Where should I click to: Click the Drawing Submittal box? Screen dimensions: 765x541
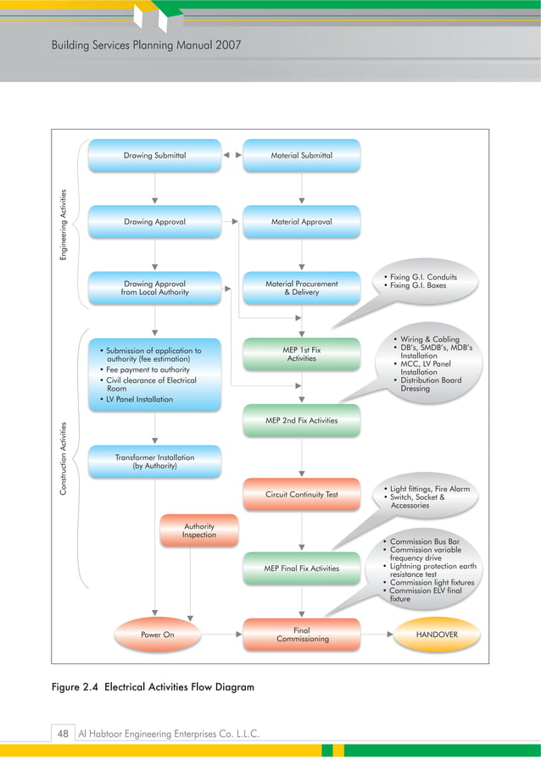(154, 156)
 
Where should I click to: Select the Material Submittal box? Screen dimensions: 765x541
(301, 156)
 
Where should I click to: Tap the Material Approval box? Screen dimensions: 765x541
(301, 222)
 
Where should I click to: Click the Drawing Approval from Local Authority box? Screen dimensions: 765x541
(154, 288)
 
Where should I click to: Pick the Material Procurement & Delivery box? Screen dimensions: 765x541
(301, 288)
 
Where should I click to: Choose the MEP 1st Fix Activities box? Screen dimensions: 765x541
(301, 354)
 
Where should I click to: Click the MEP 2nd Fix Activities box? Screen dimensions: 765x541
(301, 420)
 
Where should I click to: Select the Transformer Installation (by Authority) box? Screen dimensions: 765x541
(154, 462)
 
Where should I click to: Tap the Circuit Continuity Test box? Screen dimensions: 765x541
(301, 495)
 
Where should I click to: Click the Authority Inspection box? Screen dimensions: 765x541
(199, 530)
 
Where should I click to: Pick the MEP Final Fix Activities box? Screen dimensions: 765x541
(301, 568)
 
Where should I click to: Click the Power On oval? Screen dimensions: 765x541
(157, 635)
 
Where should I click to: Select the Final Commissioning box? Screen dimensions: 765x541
(303, 635)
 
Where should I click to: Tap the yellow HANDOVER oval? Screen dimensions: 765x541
(437, 635)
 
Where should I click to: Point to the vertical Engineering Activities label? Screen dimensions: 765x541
(64, 225)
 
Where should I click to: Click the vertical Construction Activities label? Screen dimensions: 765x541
(64, 457)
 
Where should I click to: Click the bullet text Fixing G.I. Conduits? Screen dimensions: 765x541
(423, 277)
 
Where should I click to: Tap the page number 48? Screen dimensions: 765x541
(63, 734)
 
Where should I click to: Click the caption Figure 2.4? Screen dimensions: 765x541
(79, 687)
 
